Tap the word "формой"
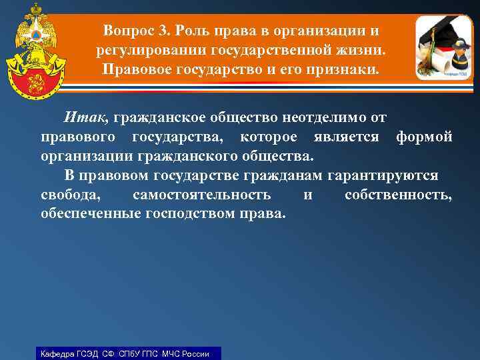424,137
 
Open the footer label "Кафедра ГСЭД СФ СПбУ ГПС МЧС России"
125,353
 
